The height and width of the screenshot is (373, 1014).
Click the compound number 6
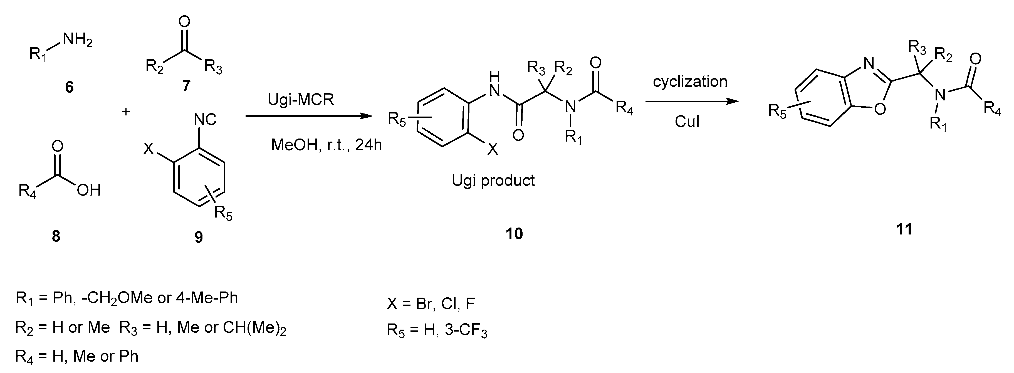(69, 87)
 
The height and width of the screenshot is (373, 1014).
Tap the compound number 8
(56, 236)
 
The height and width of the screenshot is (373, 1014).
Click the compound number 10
(514, 234)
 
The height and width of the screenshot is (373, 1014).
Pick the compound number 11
(904, 229)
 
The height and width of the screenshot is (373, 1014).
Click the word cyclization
(690, 81)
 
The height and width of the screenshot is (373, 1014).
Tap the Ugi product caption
(493, 181)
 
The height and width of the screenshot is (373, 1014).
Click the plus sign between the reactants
(126, 112)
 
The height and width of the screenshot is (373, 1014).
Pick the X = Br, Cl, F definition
(431, 304)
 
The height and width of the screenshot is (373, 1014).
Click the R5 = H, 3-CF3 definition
(437, 330)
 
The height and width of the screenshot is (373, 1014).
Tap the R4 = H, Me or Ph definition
(77, 357)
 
